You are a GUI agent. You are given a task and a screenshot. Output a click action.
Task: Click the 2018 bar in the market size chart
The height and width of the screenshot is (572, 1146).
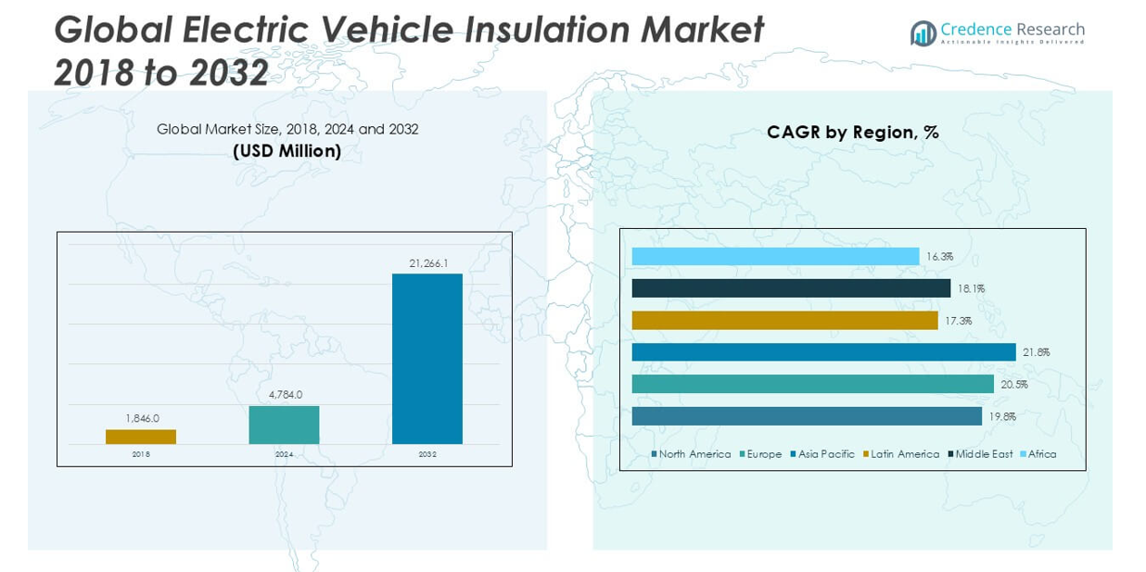pos(141,437)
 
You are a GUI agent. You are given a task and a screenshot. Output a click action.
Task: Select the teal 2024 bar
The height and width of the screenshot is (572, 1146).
pos(284,425)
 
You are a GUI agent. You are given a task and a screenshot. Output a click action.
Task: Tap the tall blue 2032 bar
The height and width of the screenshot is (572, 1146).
pos(427,359)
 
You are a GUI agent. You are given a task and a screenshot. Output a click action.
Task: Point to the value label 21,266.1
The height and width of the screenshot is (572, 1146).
pos(428,263)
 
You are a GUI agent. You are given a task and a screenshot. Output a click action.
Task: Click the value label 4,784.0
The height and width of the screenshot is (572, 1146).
pos(284,395)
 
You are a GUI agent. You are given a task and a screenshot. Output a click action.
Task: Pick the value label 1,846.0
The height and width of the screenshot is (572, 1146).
pos(142,418)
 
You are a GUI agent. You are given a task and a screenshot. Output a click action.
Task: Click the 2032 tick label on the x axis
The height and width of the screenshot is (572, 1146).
pos(427,454)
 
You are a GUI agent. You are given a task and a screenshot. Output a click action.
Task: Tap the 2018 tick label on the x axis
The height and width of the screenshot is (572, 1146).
pos(141,454)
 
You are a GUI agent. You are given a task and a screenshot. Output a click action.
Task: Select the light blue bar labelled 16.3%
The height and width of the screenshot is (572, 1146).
pos(775,257)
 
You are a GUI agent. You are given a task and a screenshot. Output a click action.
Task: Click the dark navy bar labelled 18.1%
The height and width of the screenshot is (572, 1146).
pos(791,288)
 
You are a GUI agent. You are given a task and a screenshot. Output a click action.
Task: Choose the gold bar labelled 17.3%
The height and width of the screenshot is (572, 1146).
pos(784,320)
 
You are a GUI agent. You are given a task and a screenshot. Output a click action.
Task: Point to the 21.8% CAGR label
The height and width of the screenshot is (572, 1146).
pos(1036,352)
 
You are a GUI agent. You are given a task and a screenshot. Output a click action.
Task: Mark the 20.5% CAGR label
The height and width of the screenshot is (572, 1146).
pos(1014,384)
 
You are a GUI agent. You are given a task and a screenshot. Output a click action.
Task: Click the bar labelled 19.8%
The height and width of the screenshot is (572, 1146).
pos(807,416)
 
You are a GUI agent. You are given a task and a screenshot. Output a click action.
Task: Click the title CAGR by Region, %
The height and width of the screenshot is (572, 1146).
pos(852,133)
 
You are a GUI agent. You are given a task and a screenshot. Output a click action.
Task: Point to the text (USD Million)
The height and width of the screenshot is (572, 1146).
pos(286,150)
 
